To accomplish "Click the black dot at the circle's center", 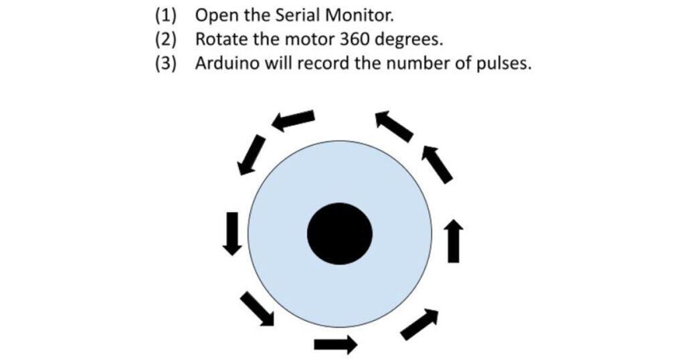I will pyautogui.click(x=339, y=232).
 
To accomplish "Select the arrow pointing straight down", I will pyautogui.click(x=231, y=233).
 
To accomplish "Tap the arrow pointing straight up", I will pyautogui.click(x=454, y=240).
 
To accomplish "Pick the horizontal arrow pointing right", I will pyautogui.click(x=335, y=345).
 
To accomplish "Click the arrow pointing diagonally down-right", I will pyautogui.click(x=257, y=309).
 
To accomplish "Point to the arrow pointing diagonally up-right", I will pyautogui.click(x=420, y=324).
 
